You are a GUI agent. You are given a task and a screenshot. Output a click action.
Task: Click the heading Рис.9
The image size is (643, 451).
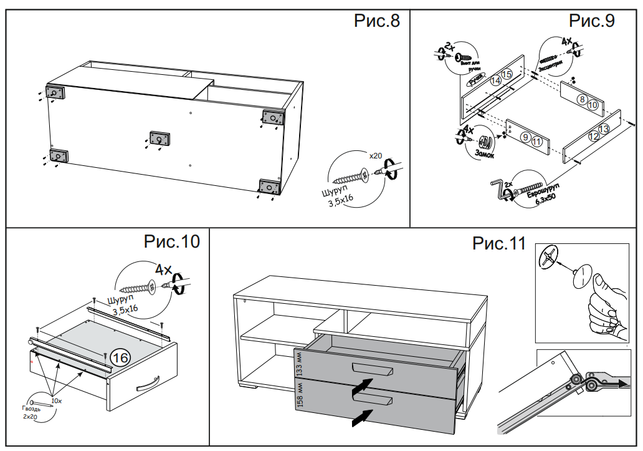coord(592,21)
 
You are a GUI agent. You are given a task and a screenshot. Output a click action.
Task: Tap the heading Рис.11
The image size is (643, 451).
coord(499,243)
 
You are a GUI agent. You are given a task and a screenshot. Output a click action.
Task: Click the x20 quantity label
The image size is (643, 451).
coord(375,155)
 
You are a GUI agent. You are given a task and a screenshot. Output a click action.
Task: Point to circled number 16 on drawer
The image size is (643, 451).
coord(120,357)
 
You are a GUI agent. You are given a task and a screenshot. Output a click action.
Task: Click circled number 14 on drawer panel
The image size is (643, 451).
coord(496,80)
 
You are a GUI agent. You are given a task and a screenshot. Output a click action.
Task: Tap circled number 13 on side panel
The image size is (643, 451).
coord(603,129)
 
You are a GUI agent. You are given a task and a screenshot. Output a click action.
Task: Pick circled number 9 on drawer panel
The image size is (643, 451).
coord(525,137)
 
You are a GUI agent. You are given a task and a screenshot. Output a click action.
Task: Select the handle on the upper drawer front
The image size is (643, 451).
coord(371,368)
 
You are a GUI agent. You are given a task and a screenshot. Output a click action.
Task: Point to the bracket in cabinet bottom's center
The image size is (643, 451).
coord(160,138)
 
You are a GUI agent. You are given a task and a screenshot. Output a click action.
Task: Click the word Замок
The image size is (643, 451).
coord(485,152)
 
